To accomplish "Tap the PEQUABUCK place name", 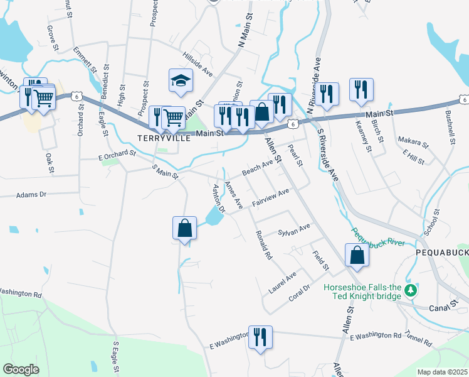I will click(442, 252).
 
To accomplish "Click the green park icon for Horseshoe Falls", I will click(411, 290).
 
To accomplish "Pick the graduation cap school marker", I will click(181, 80).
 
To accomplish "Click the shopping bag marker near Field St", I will click(357, 254).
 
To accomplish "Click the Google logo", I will click(21, 369).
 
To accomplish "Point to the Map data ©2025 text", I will click(442, 372).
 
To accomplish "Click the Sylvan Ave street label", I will click(294, 229).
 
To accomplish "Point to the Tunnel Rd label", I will click(418, 339).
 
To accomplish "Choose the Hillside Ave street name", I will click(198, 64).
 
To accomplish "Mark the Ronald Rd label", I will click(263, 245).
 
